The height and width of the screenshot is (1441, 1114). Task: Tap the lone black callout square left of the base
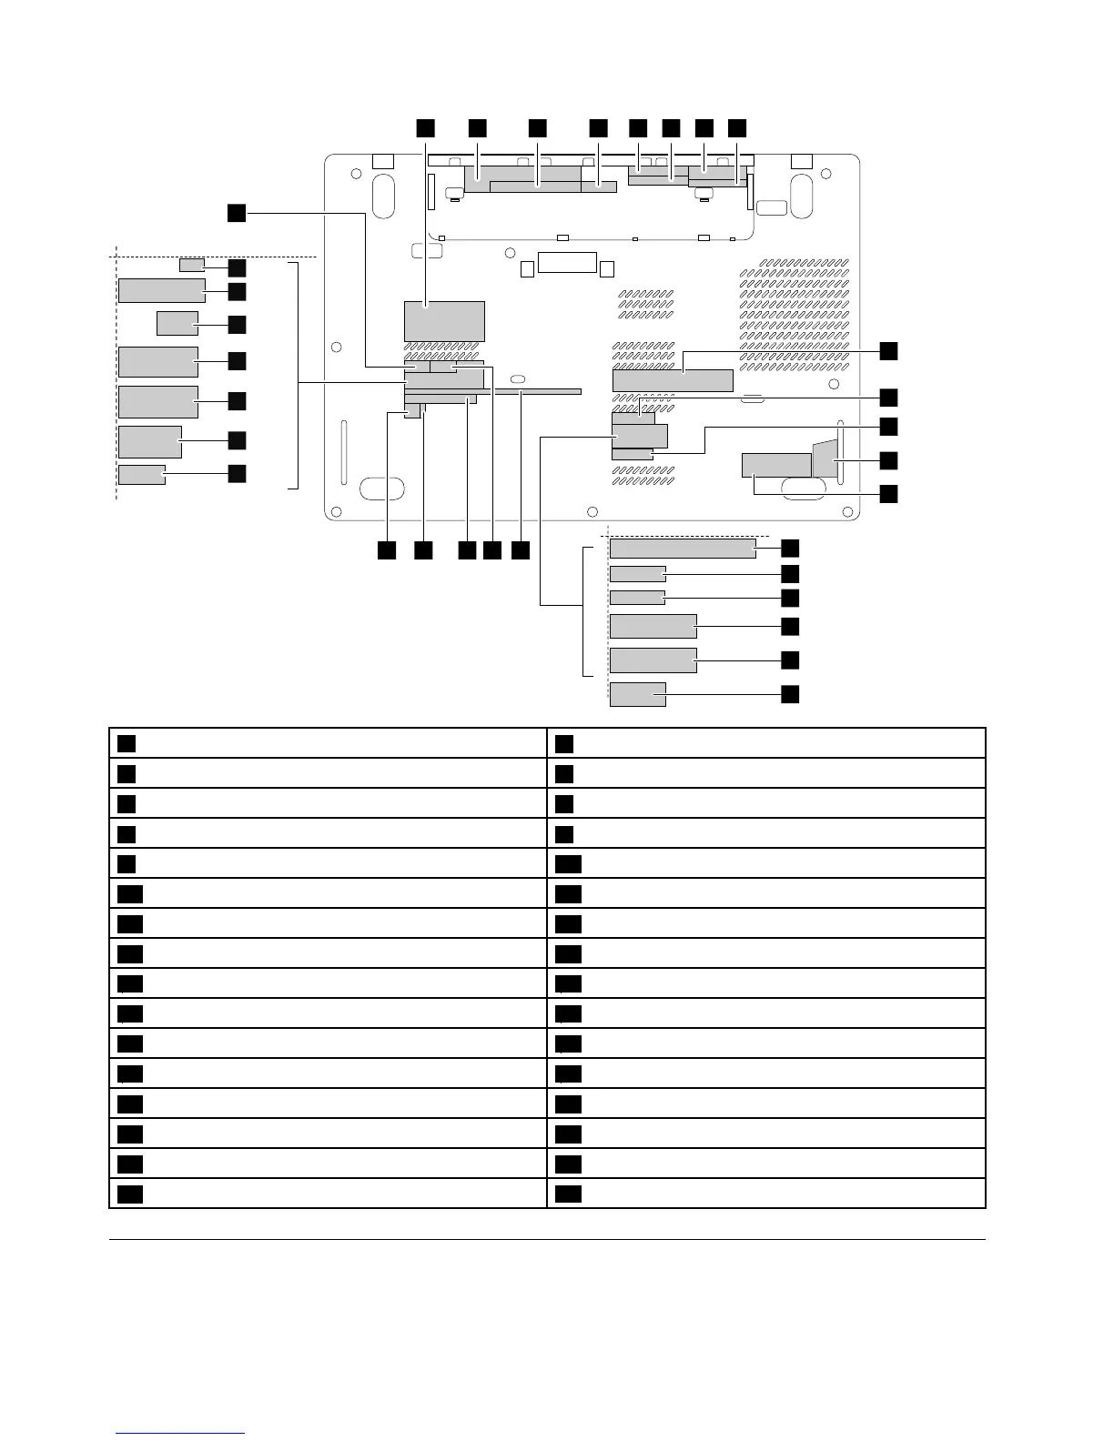pyautogui.click(x=236, y=212)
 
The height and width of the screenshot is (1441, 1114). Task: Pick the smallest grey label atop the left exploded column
pyautogui.click(x=191, y=265)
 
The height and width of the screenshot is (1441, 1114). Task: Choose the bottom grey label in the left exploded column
pyautogui.click(x=142, y=474)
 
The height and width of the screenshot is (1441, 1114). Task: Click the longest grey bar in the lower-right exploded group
pyautogui.click(x=683, y=548)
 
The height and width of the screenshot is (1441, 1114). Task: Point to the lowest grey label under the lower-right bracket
pyautogui.click(x=638, y=694)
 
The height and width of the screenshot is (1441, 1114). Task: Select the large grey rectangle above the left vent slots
pyautogui.click(x=444, y=321)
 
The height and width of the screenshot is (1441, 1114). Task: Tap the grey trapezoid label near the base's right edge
pyautogui.click(x=825, y=458)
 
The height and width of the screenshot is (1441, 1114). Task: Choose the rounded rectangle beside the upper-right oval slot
pyautogui.click(x=771, y=207)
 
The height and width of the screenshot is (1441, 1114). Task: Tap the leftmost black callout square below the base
pyautogui.click(x=387, y=550)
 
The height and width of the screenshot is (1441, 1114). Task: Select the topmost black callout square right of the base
pyautogui.click(x=887, y=351)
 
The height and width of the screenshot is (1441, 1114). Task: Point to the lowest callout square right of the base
pyautogui.click(x=887, y=494)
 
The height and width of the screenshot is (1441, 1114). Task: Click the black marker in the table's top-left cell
pyautogui.click(x=127, y=743)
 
